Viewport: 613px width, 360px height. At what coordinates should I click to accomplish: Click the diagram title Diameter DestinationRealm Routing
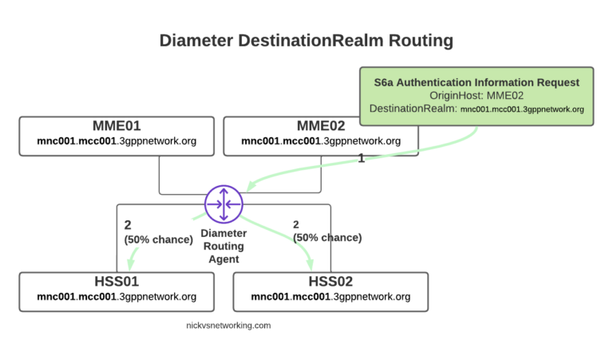pyautogui.click(x=306, y=40)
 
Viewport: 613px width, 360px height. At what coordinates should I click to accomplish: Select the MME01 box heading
pyautogui.click(x=117, y=126)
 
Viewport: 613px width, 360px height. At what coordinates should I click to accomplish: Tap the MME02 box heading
pyautogui.click(x=321, y=126)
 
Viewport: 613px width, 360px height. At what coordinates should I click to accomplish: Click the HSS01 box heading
pyautogui.click(x=117, y=282)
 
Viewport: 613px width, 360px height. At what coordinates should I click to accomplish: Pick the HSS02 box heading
pyautogui.click(x=330, y=282)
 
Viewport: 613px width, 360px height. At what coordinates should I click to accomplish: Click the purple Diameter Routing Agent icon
pyautogui.click(x=223, y=204)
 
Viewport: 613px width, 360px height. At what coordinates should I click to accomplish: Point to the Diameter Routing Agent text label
pyautogui.click(x=223, y=247)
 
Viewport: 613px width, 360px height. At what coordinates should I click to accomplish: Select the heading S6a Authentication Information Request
pyautogui.click(x=477, y=82)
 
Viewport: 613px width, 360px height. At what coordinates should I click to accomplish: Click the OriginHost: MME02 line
pyautogui.click(x=477, y=96)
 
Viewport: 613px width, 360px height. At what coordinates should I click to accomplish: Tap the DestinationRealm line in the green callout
pyautogui.click(x=477, y=109)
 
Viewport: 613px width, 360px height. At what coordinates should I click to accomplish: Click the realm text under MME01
pyautogui.click(x=117, y=141)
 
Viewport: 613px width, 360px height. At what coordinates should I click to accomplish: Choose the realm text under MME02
pyautogui.click(x=321, y=141)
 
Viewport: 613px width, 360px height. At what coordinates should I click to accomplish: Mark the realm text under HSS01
pyautogui.click(x=117, y=297)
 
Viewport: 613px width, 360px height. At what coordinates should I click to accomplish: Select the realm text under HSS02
pyautogui.click(x=330, y=297)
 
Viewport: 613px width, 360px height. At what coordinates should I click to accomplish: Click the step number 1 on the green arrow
pyautogui.click(x=362, y=158)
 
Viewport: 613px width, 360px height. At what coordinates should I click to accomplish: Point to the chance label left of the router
pyautogui.click(x=159, y=238)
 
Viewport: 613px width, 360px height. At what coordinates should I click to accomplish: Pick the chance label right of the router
pyautogui.click(x=327, y=238)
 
